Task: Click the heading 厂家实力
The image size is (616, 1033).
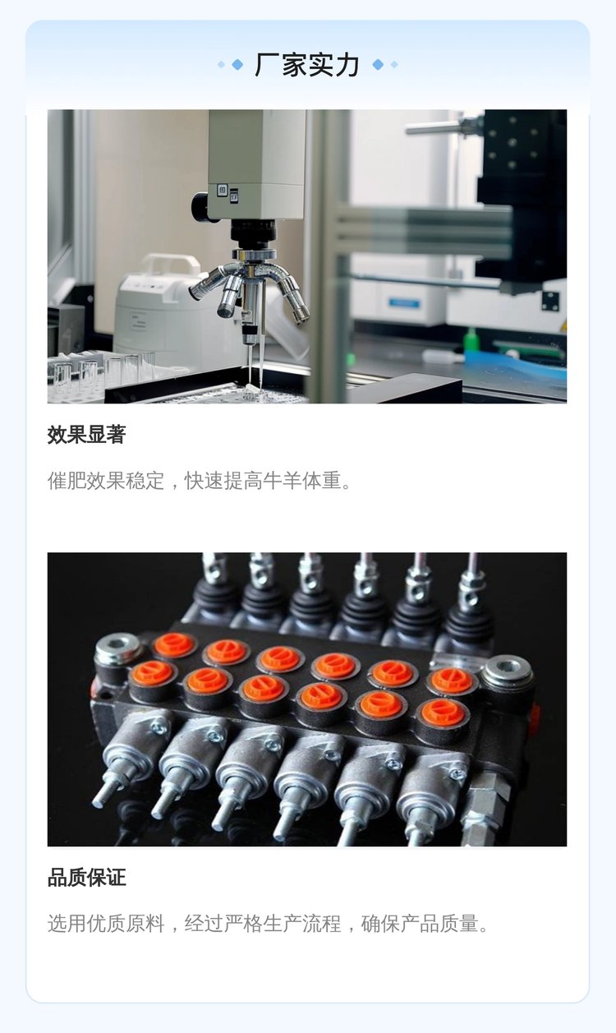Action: [x=307, y=65]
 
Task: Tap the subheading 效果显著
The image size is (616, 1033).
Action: [x=86, y=435]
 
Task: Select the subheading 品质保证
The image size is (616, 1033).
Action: [x=86, y=877]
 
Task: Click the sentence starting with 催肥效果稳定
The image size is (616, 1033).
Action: [x=200, y=481]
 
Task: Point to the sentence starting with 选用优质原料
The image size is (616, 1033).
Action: [x=268, y=923]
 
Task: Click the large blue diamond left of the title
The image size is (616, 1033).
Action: [x=237, y=65]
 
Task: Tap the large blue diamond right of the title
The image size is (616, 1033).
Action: [x=378, y=65]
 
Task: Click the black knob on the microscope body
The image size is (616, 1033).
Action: [x=200, y=206]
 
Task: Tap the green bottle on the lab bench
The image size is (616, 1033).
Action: [x=471, y=340]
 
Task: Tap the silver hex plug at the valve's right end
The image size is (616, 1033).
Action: [x=507, y=672]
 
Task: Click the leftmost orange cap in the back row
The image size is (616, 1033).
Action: [x=173, y=645]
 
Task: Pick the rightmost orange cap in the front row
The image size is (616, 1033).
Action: [x=443, y=712]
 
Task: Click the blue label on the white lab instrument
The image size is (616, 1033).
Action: [x=404, y=303]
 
